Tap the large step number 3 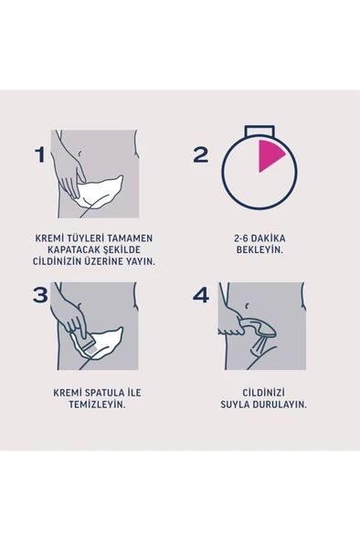point(40,294)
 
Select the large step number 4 point(201,294)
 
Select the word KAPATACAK point(69,249)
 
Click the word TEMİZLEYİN point(90,403)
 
